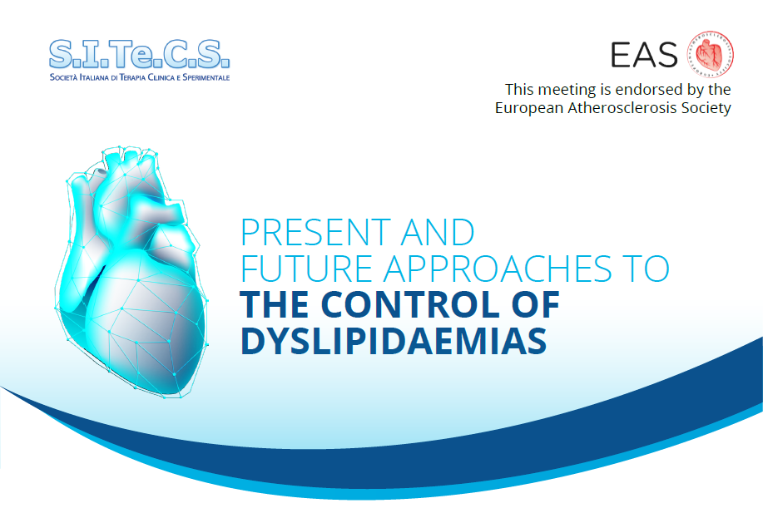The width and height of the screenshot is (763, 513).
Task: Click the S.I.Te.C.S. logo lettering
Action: coord(139,54)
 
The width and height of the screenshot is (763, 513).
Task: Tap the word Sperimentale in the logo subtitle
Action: coord(206,77)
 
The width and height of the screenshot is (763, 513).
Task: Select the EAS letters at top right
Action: coord(644,55)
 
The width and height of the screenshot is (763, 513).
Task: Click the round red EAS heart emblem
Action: coord(710,54)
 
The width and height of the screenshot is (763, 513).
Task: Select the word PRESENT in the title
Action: coord(315,233)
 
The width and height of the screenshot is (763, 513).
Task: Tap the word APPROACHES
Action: coord(498,268)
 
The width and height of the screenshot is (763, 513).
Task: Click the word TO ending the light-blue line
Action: coord(645,268)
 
